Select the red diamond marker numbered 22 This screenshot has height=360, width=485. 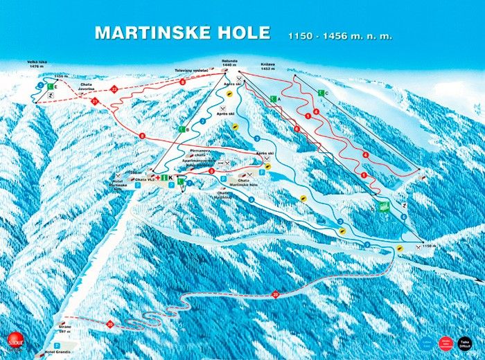[114, 89]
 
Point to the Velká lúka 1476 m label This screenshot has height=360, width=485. [37, 64]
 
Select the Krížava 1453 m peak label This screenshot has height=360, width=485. [269, 64]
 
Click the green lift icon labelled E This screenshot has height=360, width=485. [49, 87]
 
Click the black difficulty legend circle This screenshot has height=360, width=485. [464, 342]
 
